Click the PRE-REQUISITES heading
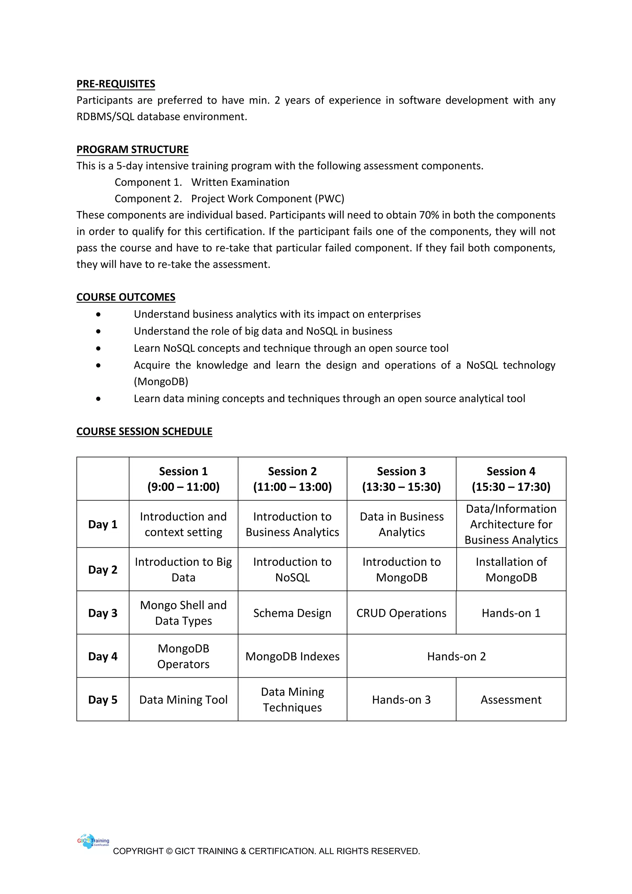click(116, 84)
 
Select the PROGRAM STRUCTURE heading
click(132, 149)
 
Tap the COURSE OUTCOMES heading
click(126, 297)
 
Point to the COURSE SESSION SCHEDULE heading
click(144, 432)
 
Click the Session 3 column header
click(401, 479)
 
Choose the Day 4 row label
click(103, 657)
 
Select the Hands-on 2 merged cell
click(456, 657)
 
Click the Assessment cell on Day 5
click(511, 700)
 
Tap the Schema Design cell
click(292, 613)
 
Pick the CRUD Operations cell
click(401, 613)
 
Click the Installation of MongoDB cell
click(511, 570)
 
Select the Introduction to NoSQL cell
click(292, 570)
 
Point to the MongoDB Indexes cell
click(292, 657)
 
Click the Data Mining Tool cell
click(183, 700)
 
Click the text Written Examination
click(240, 182)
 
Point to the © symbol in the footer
click(169, 851)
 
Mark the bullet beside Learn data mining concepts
click(98, 399)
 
